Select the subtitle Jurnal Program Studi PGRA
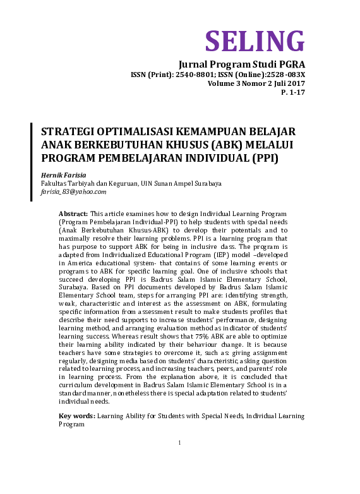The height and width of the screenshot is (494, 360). coord(242,64)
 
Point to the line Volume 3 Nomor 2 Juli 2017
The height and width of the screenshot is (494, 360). coord(256,83)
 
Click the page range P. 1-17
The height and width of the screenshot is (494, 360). coord(293,92)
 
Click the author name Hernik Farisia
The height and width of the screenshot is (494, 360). coord(62,174)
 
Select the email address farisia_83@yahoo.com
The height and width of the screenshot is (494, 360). coord(73,191)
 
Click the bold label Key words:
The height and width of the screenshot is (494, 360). coord(77,416)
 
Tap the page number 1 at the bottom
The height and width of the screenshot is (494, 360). coord(180,442)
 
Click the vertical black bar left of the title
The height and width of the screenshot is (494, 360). coord(32,162)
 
